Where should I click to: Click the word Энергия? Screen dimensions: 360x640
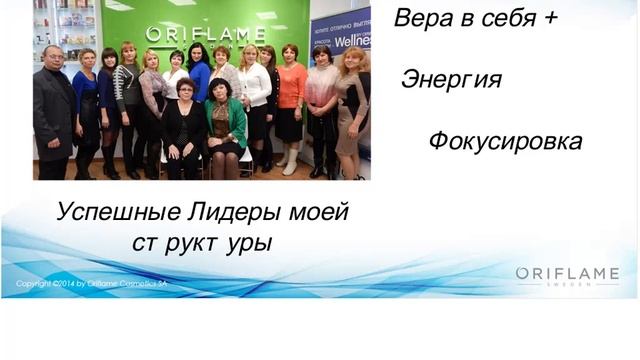[x=450, y=79]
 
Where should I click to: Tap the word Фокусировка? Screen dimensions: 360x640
[x=505, y=141]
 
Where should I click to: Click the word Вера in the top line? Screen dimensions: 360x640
[x=417, y=17]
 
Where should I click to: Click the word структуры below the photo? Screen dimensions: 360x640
[x=201, y=243]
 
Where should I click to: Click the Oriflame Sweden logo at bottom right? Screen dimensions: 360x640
[x=567, y=276]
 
